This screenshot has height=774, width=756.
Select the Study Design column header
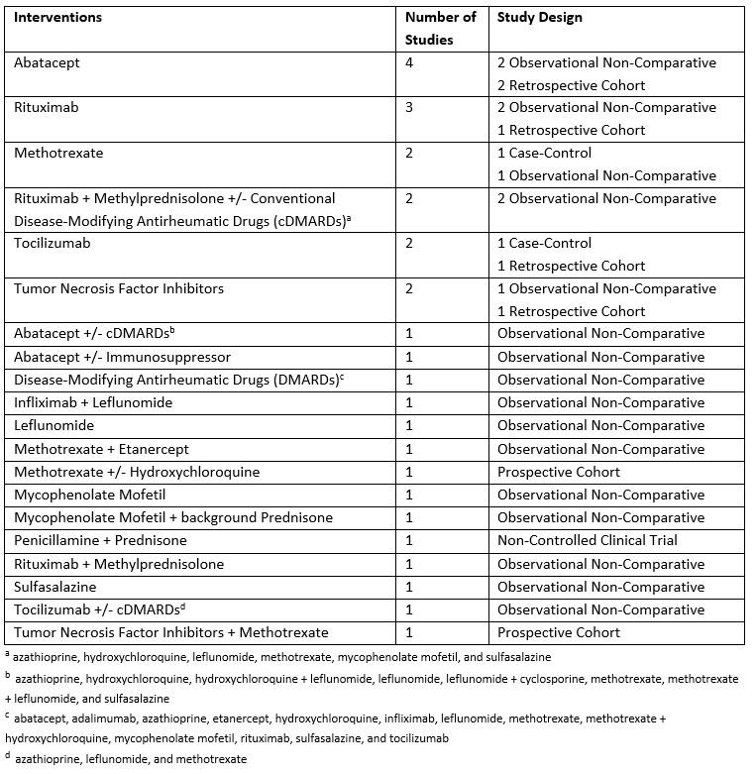(540, 17)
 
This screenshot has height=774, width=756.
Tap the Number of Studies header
(441, 28)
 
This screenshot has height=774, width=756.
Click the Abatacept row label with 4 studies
(47, 62)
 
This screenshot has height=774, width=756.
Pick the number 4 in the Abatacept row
(410, 62)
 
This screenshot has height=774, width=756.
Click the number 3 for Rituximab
(410, 107)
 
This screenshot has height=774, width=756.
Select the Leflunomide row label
(54, 425)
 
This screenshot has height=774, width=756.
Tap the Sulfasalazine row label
(55, 587)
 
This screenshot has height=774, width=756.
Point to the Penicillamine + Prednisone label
(100, 540)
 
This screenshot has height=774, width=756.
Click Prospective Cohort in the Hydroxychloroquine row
(559, 472)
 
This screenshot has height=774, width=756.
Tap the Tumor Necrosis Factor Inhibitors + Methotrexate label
(170, 632)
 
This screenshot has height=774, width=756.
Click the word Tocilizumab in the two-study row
(52, 243)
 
